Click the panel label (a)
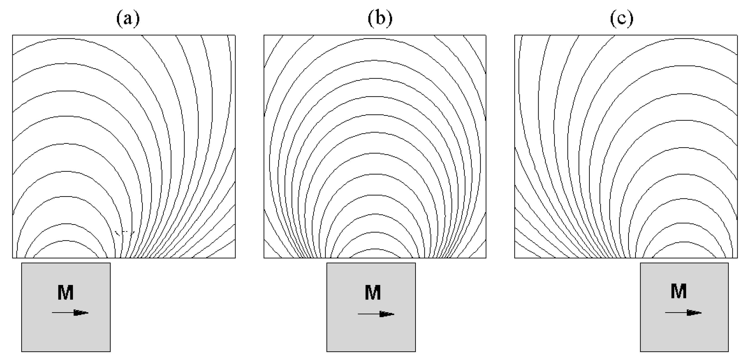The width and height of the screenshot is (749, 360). (x=128, y=19)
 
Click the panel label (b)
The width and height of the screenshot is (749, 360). (x=380, y=19)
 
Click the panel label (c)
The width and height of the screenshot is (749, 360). (x=622, y=19)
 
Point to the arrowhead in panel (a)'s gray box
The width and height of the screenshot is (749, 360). (x=81, y=313)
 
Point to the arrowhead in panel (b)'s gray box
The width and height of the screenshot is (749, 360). (x=387, y=314)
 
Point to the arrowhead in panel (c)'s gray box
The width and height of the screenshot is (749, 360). (x=694, y=313)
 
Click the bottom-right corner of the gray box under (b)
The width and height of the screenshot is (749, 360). (x=415, y=352)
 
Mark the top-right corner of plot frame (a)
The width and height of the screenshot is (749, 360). (x=235, y=35)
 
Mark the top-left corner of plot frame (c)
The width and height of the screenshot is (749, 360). (x=515, y=35)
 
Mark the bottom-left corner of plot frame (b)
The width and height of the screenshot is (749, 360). (x=264, y=258)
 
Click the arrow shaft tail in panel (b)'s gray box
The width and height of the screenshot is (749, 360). (x=358, y=314)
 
